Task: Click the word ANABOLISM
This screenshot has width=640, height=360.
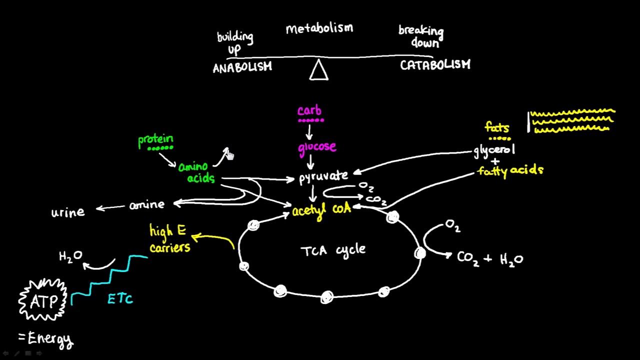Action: pos(242,67)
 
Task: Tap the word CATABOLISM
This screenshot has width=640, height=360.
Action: pos(435,65)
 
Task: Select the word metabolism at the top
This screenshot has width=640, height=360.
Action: pos(319,28)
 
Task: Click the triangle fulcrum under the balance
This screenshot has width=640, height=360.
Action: pos(318,70)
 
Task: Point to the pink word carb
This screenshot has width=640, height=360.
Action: pos(309,110)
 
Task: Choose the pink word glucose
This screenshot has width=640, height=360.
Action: pos(317,147)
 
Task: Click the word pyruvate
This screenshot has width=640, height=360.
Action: pos(323,177)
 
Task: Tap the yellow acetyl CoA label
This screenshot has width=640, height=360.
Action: pos(321,210)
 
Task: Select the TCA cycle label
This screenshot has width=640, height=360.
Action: pos(333,250)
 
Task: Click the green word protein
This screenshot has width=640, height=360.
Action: pos(155,139)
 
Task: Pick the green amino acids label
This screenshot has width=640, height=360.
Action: pos(196,172)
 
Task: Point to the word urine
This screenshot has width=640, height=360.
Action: pos(68,212)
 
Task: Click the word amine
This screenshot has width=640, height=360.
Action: pos(146,205)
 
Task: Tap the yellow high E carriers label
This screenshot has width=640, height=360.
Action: pos(169,239)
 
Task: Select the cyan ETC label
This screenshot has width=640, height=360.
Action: pos(120,299)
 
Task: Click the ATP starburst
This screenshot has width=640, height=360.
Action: pos(42,300)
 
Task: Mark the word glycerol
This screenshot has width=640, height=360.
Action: pos(494,150)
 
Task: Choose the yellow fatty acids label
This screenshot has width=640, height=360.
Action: pos(510,170)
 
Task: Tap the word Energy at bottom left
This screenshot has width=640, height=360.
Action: pos(50,339)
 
